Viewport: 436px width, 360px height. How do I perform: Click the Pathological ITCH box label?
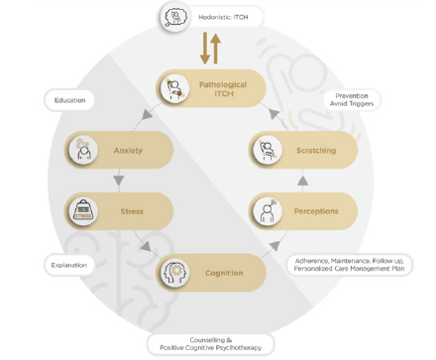point(223,89)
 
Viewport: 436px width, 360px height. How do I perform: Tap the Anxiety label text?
point(128,151)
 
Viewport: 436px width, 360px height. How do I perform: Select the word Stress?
point(132,211)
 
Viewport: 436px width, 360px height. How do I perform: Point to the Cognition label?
point(224,273)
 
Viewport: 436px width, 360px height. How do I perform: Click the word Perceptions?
point(316,211)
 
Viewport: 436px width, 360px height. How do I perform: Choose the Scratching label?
point(316,151)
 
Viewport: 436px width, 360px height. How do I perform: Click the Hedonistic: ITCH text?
point(223,17)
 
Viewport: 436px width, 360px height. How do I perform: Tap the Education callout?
point(69,100)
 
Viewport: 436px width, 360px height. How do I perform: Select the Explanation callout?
point(69,265)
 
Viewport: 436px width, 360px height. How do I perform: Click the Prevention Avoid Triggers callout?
point(352,99)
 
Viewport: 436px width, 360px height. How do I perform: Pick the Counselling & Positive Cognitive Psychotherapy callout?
point(211,344)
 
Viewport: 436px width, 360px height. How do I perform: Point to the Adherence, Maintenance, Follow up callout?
point(349,265)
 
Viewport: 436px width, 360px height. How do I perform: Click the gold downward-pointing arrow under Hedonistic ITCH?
point(205,49)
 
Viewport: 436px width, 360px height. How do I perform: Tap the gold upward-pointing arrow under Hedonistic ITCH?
point(216,49)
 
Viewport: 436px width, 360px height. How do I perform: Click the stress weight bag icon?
point(83,211)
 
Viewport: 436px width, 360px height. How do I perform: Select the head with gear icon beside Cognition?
point(175,273)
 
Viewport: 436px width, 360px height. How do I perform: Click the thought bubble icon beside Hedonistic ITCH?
point(175,17)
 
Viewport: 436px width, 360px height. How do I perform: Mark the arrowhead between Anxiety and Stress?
point(119,180)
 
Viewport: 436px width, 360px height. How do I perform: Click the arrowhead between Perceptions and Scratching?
point(302,180)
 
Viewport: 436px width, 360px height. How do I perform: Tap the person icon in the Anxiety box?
point(84,150)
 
